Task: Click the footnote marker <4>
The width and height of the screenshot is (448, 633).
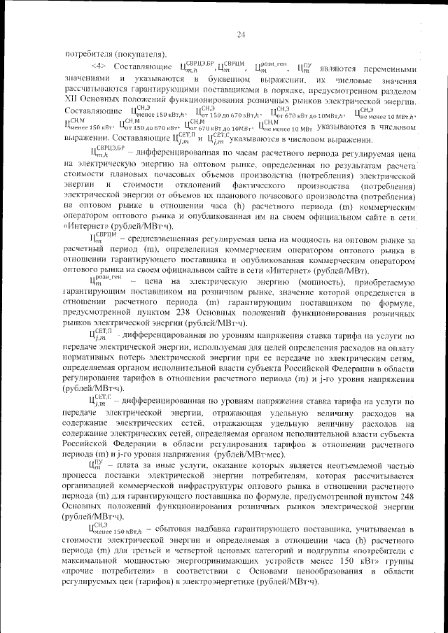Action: (98, 69)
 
